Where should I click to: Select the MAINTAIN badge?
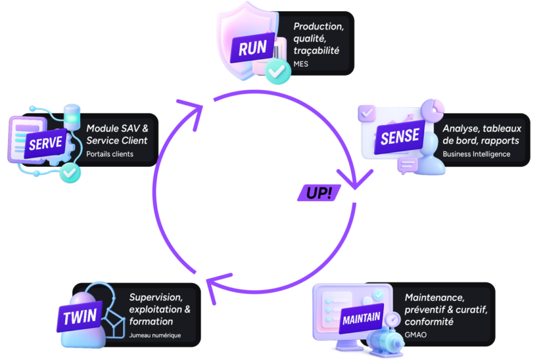point(361,318)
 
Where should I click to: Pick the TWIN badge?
point(80,317)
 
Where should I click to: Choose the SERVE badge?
point(46,143)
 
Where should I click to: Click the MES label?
point(301,64)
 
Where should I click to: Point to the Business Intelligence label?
point(476,154)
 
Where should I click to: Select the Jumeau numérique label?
point(155,335)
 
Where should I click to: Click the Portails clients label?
point(110,154)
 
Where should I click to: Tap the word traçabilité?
point(316,50)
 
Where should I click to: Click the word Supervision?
point(156,297)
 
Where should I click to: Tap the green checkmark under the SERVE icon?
point(69,173)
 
